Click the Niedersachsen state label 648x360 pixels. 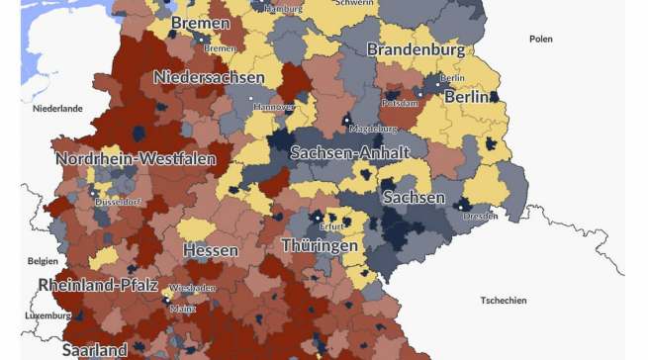click(x=209, y=77)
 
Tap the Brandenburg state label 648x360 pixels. click(x=416, y=49)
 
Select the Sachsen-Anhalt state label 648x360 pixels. click(x=349, y=152)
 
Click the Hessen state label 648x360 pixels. click(x=210, y=250)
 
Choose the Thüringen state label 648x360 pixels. click(x=319, y=244)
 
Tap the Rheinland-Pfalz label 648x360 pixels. click(x=98, y=285)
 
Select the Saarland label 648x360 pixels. click(x=94, y=349)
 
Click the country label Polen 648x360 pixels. click(x=541, y=40)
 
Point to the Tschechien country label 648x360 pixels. click(x=504, y=300)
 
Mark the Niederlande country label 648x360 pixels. click(x=57, y=108)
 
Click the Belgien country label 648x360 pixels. click(x=43, y=262)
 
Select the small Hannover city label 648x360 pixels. click(x=274, y=106)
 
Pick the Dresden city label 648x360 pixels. click(x=480, y=216)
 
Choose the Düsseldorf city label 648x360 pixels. click(x=118, y=201)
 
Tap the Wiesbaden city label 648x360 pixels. click(x=192, y=288)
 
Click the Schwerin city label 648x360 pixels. click(x=355, y=4)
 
